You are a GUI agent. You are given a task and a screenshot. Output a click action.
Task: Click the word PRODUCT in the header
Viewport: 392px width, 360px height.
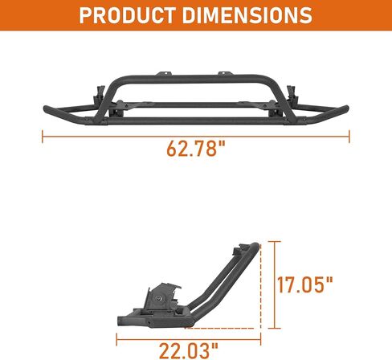pos(128,15)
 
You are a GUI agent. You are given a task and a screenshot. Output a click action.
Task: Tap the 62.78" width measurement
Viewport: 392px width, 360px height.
pos(196,148)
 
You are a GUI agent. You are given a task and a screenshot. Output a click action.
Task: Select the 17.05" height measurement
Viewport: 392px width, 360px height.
pos(304,284)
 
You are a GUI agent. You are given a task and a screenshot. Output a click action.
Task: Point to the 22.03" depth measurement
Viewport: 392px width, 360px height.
pos(189,350)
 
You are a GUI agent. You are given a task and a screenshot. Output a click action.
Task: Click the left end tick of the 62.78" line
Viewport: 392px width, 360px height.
pos(43,137)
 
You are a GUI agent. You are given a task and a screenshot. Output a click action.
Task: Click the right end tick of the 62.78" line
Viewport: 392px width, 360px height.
pos(349,137)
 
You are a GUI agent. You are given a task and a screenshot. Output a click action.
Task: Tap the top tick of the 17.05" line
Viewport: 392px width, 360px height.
pos(274,241)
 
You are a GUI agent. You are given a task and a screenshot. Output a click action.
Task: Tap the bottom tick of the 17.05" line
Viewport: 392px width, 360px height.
pos(274,328)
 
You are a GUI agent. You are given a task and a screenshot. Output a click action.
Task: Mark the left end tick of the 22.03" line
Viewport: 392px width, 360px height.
pos(116,339)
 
